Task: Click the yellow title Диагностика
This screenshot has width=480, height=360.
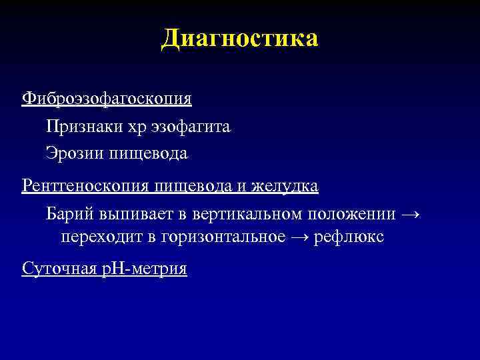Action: (x=240, y=38)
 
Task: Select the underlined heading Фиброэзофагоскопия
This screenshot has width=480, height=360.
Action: (x=107, y=99)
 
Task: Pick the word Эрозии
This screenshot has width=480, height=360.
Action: (x=71, y=153)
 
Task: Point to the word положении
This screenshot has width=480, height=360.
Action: (x=351, y=215)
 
